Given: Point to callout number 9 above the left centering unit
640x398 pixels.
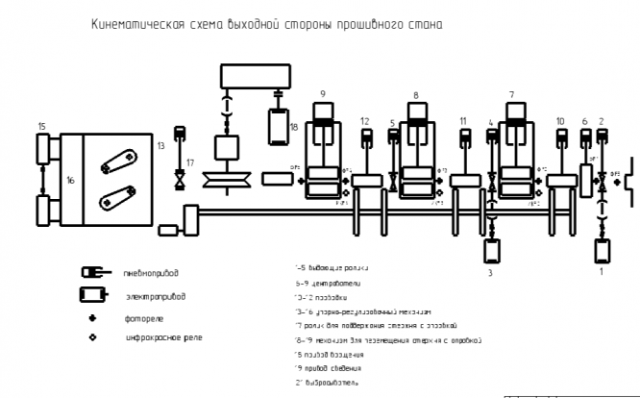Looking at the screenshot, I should [323, 93].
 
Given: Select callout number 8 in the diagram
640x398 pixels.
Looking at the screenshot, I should [415, 95].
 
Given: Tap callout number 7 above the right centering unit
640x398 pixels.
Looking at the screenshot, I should [511, 95].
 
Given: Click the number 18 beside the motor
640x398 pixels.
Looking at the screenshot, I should [294, 126].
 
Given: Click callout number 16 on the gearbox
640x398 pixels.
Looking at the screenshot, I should [70, 180].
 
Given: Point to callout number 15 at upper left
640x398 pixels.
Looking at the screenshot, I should [41, 126].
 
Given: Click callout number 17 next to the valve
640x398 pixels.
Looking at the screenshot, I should [190, 162].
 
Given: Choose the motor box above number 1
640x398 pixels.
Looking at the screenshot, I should [603, 252].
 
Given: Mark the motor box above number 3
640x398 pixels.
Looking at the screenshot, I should [490, 252].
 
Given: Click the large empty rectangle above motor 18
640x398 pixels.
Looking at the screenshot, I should [248, 75].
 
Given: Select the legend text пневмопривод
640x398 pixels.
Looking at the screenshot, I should [152, 272].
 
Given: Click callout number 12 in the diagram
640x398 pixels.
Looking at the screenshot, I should [365, 121].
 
